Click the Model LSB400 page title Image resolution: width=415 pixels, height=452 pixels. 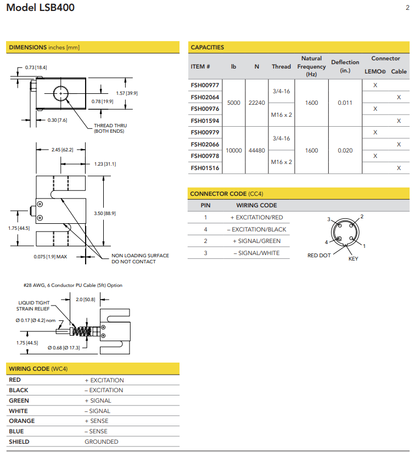[40, 8]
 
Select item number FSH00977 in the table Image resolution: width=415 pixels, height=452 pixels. [205, 86]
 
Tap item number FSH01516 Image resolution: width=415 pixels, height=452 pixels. [205, 168]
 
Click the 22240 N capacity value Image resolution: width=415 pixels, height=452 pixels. [256, 103]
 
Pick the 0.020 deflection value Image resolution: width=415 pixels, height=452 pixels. [345, 150]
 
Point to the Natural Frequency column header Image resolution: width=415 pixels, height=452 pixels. [311, 66]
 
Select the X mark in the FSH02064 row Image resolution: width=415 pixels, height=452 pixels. [399, 97]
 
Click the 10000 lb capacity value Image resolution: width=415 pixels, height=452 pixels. [234, 150]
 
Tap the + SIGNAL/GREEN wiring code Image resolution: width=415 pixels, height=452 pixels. [256, 241]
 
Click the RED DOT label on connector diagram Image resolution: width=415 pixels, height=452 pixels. [319, 256]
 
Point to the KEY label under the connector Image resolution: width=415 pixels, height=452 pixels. [353, 259]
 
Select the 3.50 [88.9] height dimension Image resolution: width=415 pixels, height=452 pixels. [105, 213]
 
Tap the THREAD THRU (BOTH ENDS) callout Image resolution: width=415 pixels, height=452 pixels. [110, 128]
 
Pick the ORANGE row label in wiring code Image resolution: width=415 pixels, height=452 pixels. [21, 421]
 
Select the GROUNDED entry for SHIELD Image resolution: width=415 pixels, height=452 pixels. [101, 442]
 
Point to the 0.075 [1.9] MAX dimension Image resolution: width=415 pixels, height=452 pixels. [50, 256]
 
